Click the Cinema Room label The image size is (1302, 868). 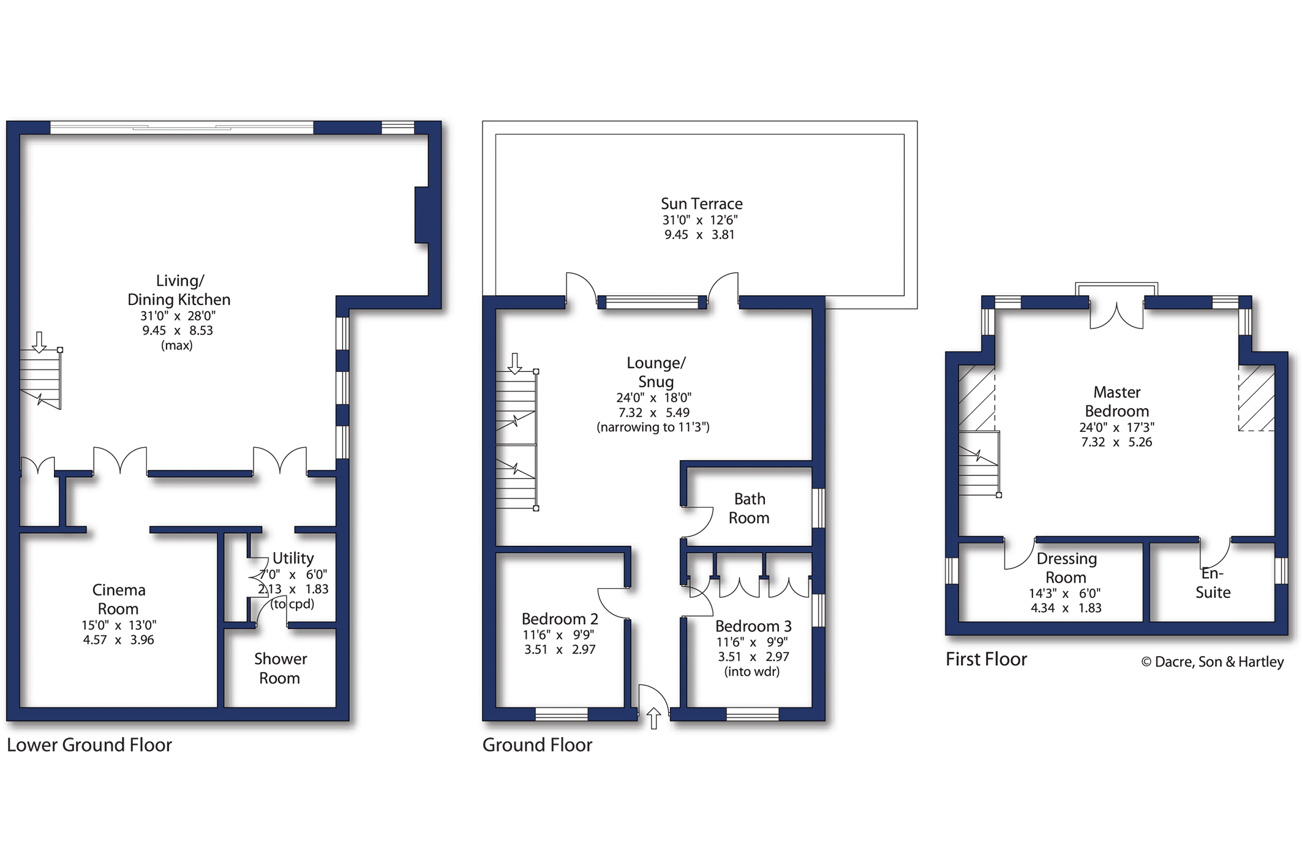(118, 599)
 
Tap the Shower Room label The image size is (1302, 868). (280, 668)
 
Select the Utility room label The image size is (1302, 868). (293, 558)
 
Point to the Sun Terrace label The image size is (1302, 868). (701, 203)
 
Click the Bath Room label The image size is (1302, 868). (749, 508)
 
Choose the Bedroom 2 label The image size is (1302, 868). (560, 619)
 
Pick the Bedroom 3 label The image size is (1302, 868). (753, 626)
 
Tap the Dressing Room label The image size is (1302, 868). (1066, 568)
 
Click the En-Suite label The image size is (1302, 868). (1213, 583)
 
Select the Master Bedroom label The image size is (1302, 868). (1116, 401)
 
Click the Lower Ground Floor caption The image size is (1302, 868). (89, 745)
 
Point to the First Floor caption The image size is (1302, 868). (986, 659)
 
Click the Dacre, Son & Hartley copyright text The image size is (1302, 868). (1213, 662)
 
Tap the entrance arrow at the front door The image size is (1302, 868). (653, 718)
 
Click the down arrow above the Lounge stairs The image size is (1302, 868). (515, 363)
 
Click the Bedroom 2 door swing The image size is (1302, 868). (612, 603)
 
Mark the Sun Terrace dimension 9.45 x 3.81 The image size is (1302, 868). (699, 235)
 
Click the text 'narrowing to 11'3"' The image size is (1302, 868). (653, 427)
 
